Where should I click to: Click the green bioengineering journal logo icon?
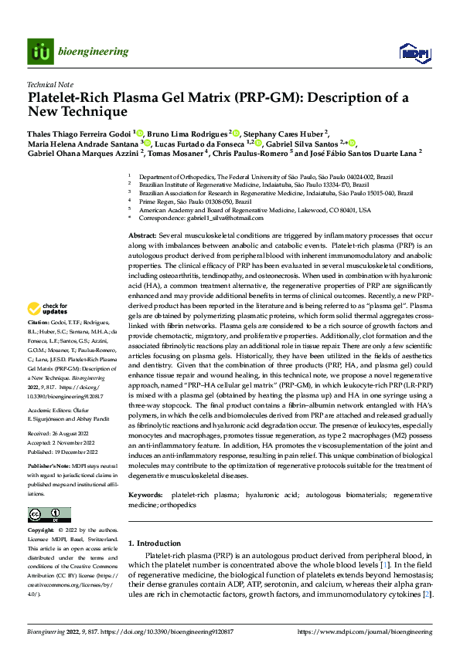coord(39,52)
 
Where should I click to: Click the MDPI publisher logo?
coord(410,52)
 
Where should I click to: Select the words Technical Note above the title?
coord(50,86)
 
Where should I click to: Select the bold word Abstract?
coord(142,233)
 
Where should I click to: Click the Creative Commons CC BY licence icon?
coord(49,514)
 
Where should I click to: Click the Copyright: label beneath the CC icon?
coord(41,531)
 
